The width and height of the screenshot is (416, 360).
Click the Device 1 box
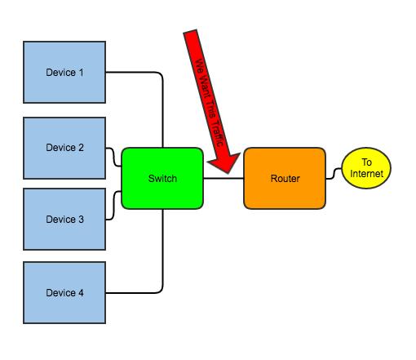click(x=64, y=72)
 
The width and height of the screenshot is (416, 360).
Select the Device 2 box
click(x=64, y=148)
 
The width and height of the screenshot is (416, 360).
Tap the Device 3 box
click(x=64, y=219)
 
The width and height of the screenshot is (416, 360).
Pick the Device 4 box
click(x=64, y=293)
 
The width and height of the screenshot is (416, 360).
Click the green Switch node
click(x=162, y=179)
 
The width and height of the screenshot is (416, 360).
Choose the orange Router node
click(x=285, y=179)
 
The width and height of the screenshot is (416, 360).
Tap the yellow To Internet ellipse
click(x=366, y=168)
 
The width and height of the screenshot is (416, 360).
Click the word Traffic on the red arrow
click(x=217, y=133)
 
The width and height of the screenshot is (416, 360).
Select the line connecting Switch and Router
click(x=223, y=179)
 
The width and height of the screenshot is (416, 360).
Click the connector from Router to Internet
click(x=334, y=174)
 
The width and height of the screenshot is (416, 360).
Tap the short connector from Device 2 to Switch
click(x=113, y=157)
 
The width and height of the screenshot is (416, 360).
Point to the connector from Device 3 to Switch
click(x=113, y=206)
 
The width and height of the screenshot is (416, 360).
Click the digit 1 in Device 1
click(x=81, y=73)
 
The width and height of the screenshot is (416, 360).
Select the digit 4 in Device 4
click(x=81, y=293)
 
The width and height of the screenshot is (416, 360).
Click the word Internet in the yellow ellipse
click(x=366, y=174)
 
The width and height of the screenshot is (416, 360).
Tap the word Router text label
click(x=285, y=179)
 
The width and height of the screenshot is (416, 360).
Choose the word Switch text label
click(x=162, y=179)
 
